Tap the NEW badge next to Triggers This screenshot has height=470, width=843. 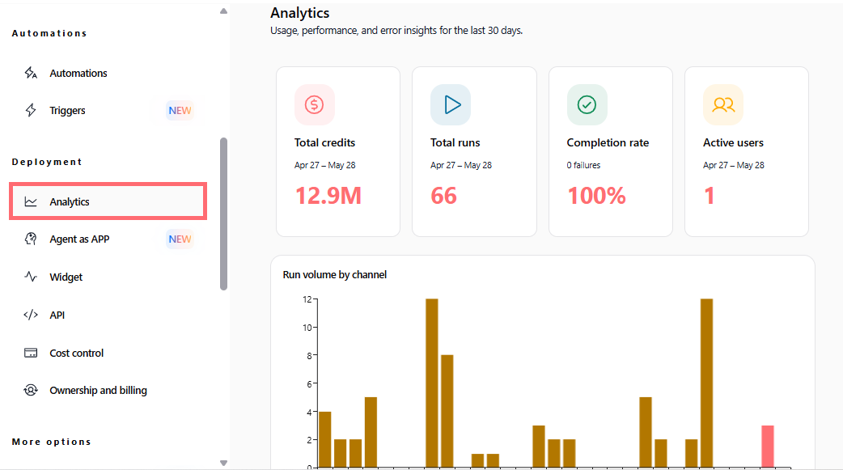tap(180, 110)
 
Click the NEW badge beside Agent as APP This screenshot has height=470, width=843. tap(180, 239)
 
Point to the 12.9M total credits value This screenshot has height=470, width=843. tap(328, 195)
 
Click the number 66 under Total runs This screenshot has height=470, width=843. tap(443, 195)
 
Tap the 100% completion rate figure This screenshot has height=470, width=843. tap(597, 195)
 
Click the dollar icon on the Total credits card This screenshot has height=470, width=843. tap(315, 104)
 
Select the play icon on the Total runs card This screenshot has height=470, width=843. tap(451, 104)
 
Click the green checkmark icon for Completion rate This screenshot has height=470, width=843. tap(587, 104)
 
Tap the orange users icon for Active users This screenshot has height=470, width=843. tap(723, 104)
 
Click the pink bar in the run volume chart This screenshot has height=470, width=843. tap(768, 447)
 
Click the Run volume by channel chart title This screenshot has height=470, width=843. tap(334, 275)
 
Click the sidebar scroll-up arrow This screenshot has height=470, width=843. tap(223, 11)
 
